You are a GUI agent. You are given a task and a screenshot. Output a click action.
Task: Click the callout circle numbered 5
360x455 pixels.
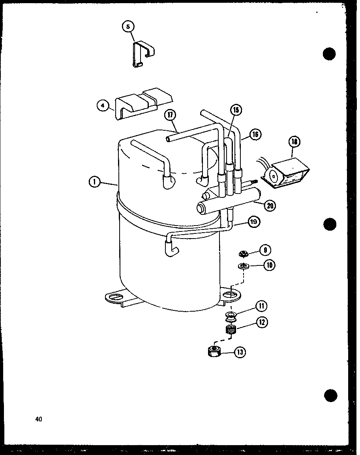click(128, 27)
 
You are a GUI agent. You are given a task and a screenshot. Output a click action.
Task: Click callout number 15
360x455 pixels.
click(236, 110)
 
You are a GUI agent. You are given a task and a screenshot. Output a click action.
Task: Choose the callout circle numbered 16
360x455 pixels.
click(255, 135)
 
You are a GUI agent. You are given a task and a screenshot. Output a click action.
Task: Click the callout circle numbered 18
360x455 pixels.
click(294, 142)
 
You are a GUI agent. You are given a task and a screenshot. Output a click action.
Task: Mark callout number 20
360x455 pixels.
click(270, 205)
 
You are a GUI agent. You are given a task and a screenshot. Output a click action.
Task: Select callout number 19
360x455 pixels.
click(253, 222)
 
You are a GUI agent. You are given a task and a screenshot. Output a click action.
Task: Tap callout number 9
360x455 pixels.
click(265, 250)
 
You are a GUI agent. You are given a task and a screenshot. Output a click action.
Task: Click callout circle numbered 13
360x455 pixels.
click(240, 352)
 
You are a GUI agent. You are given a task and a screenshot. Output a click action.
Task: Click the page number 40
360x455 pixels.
click(38, 419)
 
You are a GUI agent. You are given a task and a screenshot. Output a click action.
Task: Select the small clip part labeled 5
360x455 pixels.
click(142, 54)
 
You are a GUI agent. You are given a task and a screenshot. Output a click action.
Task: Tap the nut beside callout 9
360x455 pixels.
click(244, 253)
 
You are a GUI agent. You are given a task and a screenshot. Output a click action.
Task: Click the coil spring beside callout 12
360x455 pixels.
click(230, 329)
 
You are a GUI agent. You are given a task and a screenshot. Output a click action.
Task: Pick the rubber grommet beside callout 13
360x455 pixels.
click(214, 351)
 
